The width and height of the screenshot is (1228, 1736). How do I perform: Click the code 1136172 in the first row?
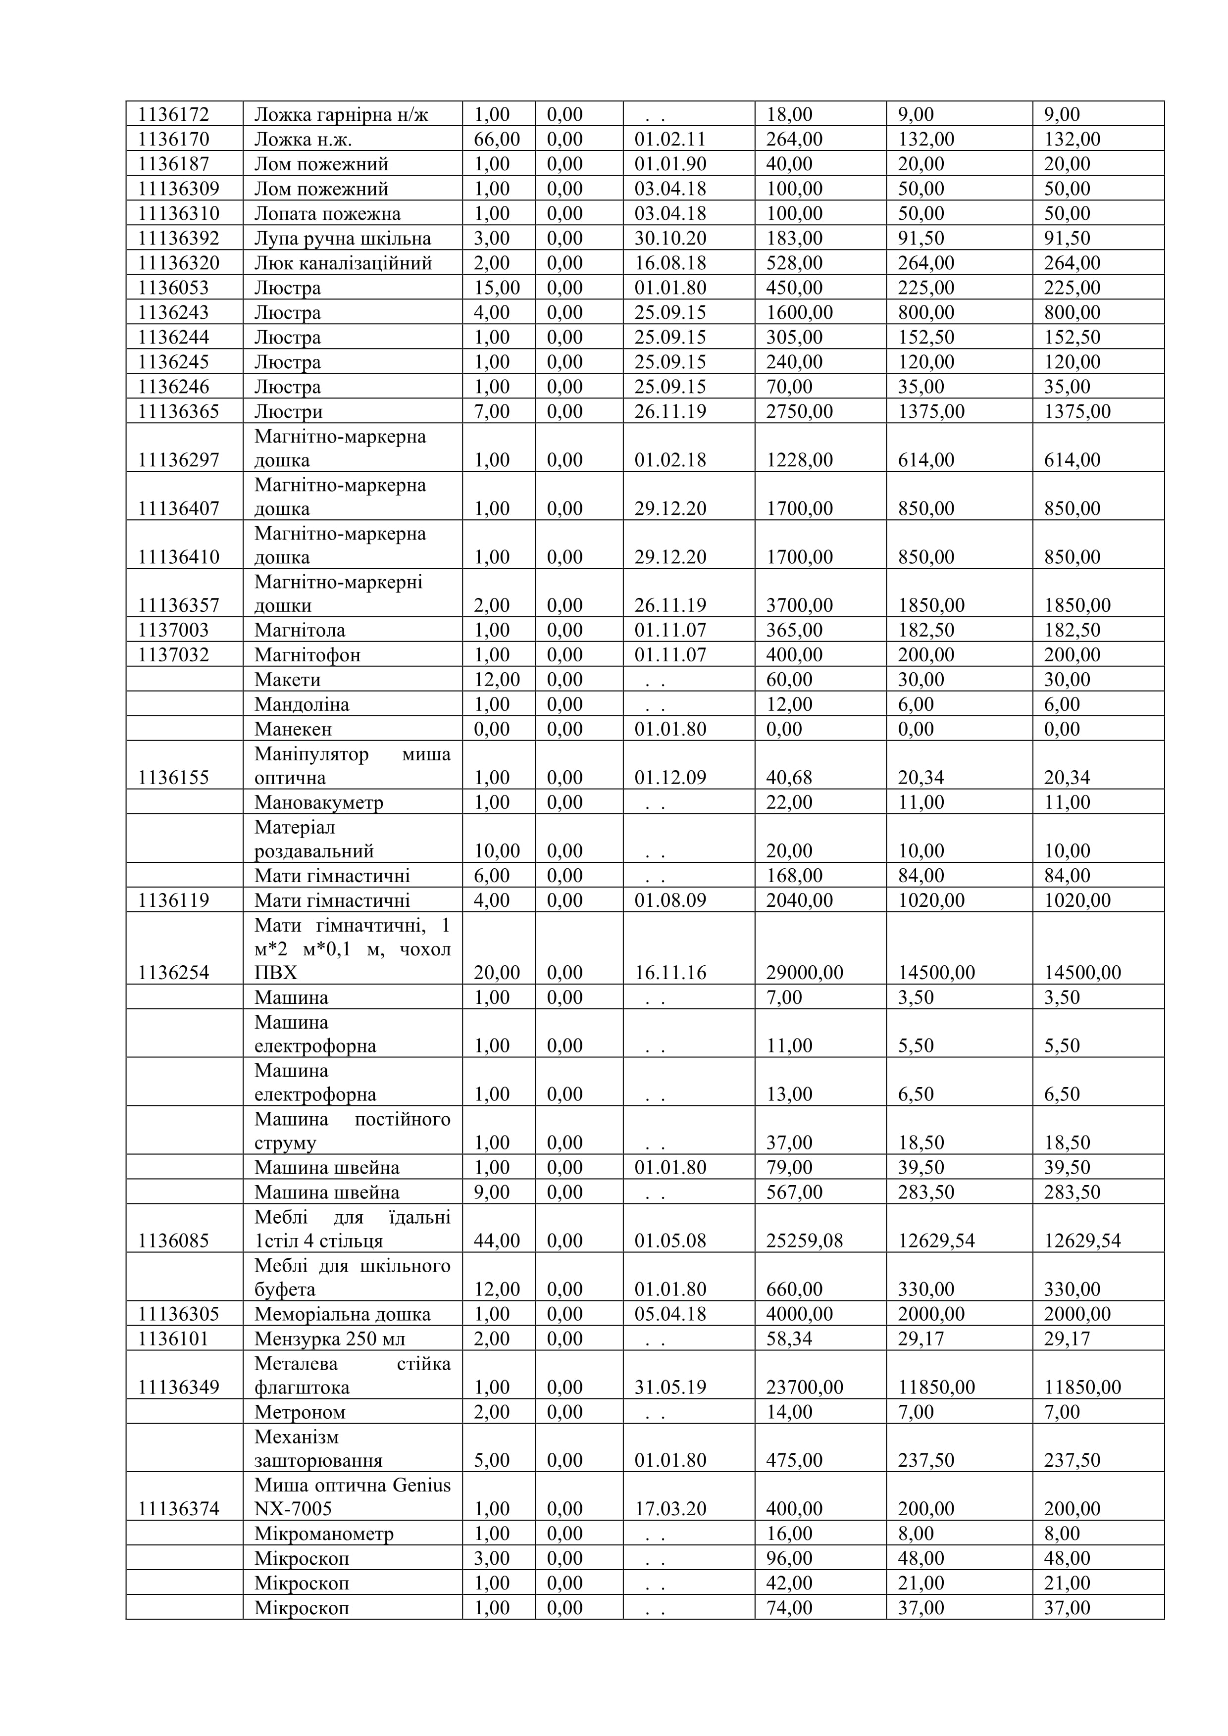click(173, 114)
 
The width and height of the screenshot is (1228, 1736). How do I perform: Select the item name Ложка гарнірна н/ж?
click(341, 114)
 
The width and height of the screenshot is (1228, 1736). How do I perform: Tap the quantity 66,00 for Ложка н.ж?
click(497, 139)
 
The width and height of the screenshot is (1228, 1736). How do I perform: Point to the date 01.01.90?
click(670, 164)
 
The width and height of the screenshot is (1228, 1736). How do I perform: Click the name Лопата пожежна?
click(327, 213)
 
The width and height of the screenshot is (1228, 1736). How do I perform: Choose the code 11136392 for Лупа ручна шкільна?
click(178, 238)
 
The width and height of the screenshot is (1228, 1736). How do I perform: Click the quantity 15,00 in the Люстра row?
click(497, 288)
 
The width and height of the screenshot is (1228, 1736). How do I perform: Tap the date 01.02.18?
click(670, 460)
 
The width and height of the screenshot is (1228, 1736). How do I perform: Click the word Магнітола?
click(300, 630)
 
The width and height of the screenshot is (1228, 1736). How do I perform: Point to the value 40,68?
click(789, 777)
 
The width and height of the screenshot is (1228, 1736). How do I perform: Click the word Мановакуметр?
click(319, 802)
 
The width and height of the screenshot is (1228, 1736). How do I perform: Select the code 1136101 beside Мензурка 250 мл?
click(173, 1339)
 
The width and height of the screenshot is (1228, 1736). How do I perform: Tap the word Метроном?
click(300, 1412)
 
